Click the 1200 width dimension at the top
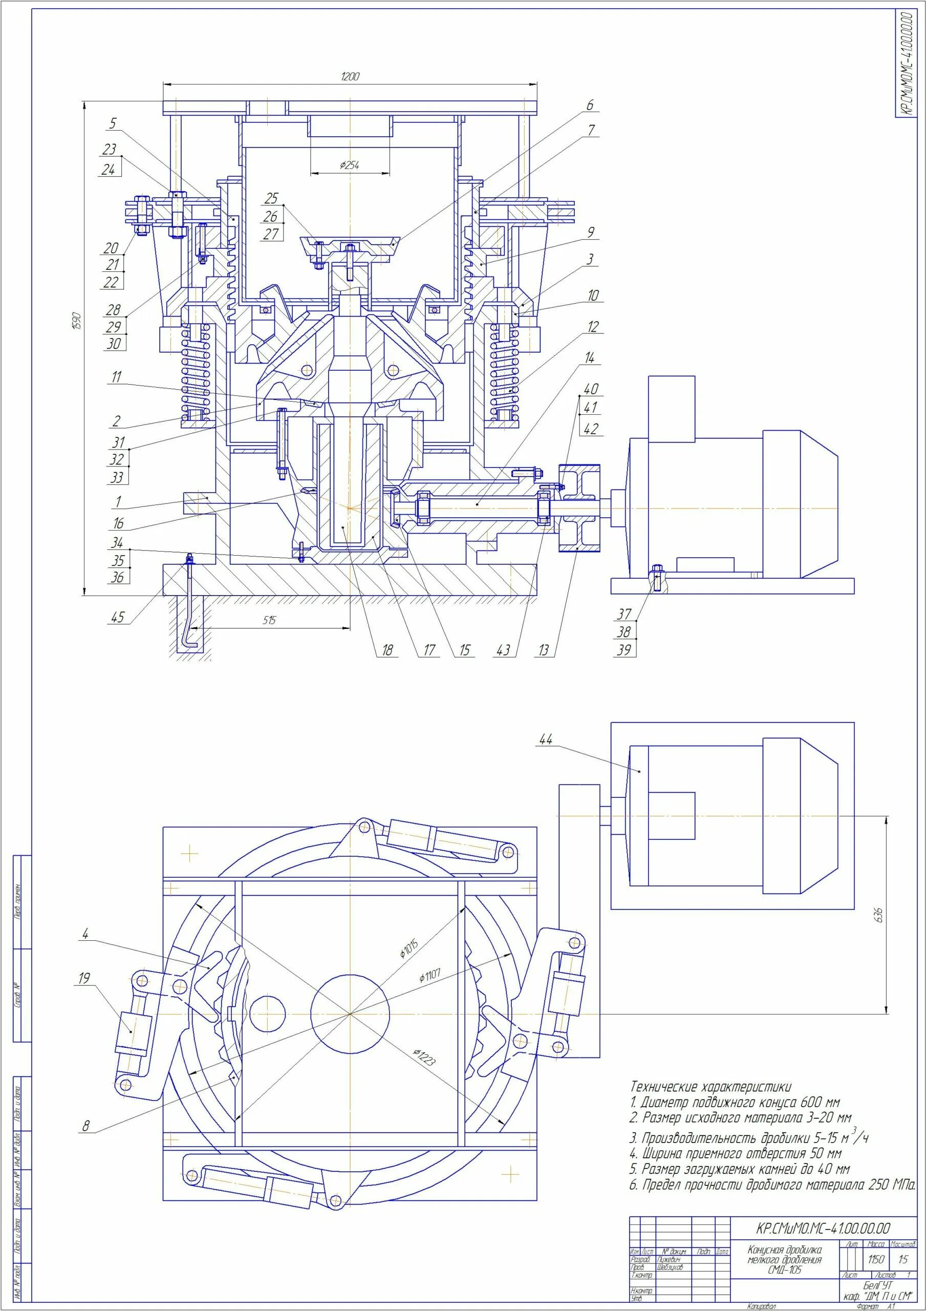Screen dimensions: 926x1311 (x=350, y=76)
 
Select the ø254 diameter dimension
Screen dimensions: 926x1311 (x=350, y=165)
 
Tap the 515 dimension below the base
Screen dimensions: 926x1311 (x=269, y=620)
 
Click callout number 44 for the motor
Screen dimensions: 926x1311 (x=546, y=739)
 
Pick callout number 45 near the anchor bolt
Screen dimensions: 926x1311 (x=118, y=617)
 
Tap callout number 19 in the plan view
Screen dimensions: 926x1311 (x=84, y=978)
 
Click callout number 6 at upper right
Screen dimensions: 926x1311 (x=590, y=105)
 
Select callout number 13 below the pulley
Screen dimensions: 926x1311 (x=544, y=650)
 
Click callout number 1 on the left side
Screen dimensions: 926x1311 (x=118, y=502)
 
